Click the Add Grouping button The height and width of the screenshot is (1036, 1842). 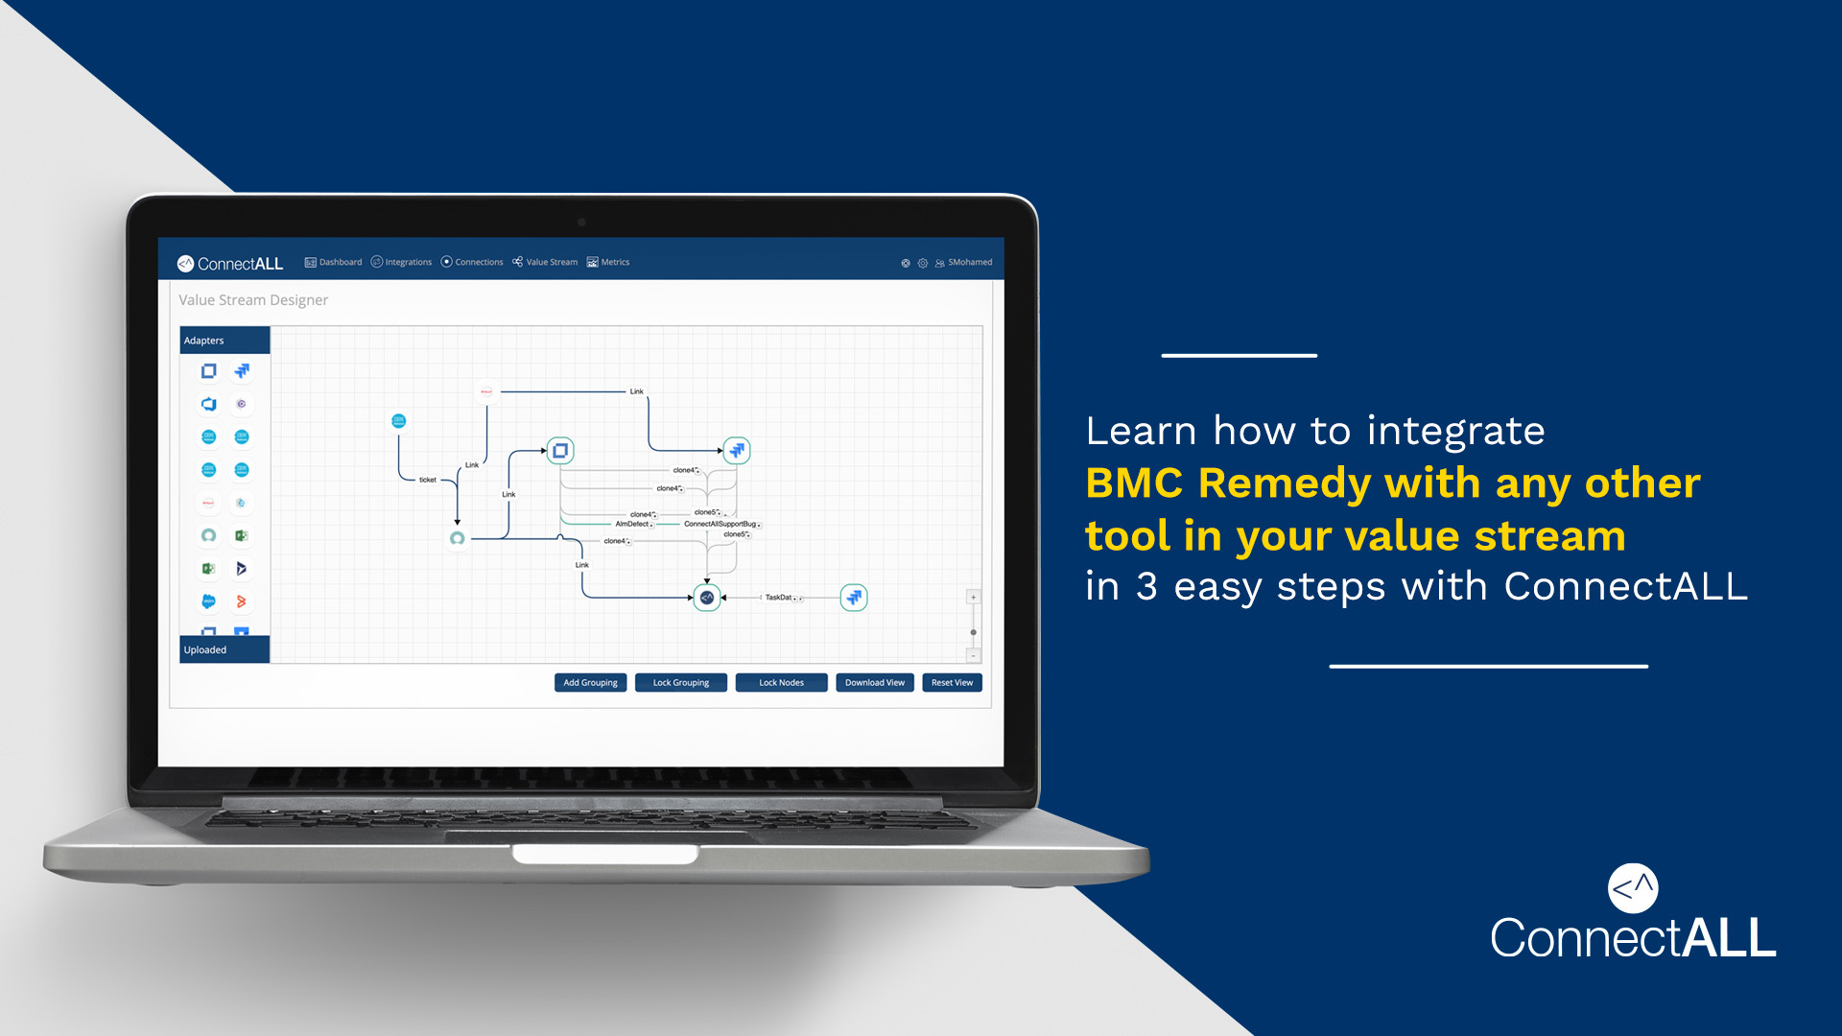click(590, 683)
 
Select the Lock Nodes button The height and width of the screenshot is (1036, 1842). click(781, 683)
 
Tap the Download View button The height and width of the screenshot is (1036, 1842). click(874, 683)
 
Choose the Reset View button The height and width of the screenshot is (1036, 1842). click(952, 683)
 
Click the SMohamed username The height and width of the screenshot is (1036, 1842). click(969, 262)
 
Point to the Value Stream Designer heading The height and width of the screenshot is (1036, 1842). click(253, 300)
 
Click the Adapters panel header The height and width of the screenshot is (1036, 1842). click(224, 341)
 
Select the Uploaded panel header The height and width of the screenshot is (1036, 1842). click(224, 649)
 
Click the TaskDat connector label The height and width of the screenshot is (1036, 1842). click(779, 598)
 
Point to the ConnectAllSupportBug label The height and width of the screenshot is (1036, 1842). click(720, 524)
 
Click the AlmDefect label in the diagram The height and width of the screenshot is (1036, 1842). click(632, 524)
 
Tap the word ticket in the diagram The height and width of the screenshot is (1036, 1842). click(428, 480)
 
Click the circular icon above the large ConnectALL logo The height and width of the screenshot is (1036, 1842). click(1633, 888)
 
